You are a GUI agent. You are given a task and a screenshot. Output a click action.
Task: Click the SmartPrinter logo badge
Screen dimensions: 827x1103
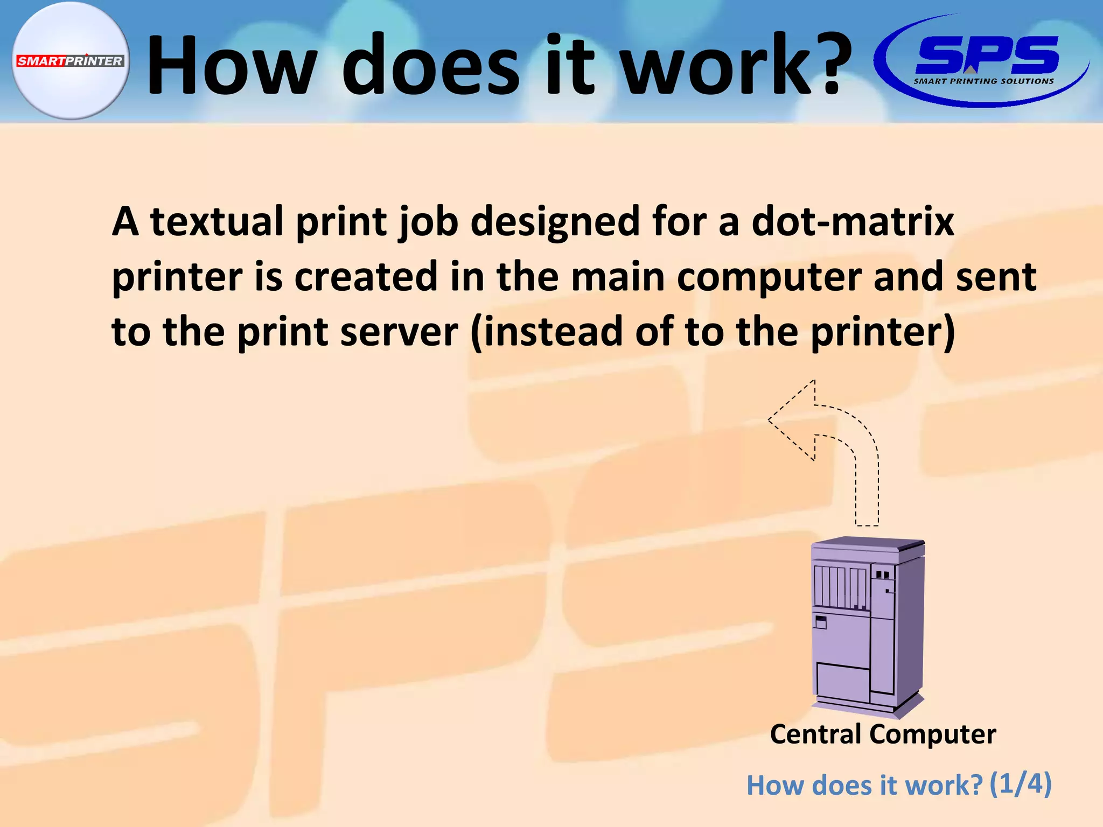pos(70,61)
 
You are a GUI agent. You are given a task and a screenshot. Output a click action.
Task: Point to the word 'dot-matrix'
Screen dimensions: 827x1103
pos(852,221)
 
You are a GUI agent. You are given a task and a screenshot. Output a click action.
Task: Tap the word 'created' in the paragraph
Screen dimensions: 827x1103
pos(366,277)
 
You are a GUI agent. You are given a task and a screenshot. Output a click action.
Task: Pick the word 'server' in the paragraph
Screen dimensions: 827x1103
pos(399,332)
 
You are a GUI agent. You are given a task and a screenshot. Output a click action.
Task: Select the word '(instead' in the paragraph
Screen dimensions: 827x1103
pos(546,332)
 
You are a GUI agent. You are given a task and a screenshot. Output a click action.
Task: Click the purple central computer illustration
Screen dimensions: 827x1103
pos(868,627)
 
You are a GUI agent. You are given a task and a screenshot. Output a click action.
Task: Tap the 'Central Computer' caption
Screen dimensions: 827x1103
pos(883,734)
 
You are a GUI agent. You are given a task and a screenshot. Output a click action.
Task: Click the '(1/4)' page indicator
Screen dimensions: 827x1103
pos(1021,783)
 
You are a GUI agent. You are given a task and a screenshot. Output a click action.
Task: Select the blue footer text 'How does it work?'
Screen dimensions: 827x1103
pos(864,786)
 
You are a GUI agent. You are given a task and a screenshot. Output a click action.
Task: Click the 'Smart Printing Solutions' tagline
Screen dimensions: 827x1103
pos(983,81)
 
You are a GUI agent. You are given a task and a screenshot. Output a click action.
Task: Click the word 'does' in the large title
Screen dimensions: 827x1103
pos(431,65)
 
